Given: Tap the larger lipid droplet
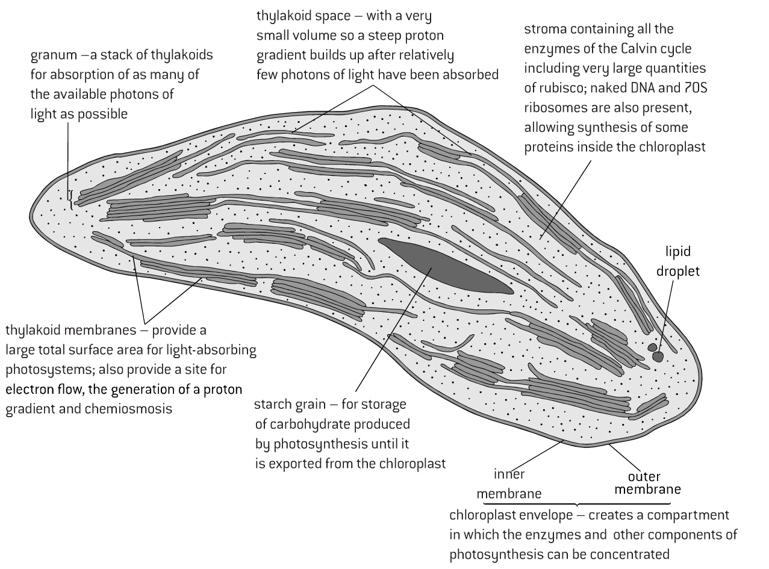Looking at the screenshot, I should [658, 357].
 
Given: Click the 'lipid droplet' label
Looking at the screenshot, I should [682, 261].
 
